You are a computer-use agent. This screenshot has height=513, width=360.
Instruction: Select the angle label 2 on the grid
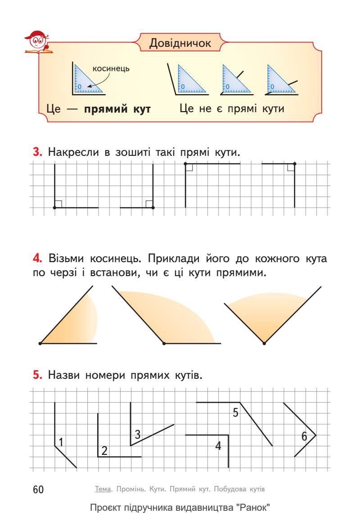(104, 450)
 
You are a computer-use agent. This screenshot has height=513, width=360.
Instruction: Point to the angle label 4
(218, 446)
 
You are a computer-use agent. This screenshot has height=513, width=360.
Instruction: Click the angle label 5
(235, 412)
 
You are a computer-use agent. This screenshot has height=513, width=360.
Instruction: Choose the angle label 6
(304, 436)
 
